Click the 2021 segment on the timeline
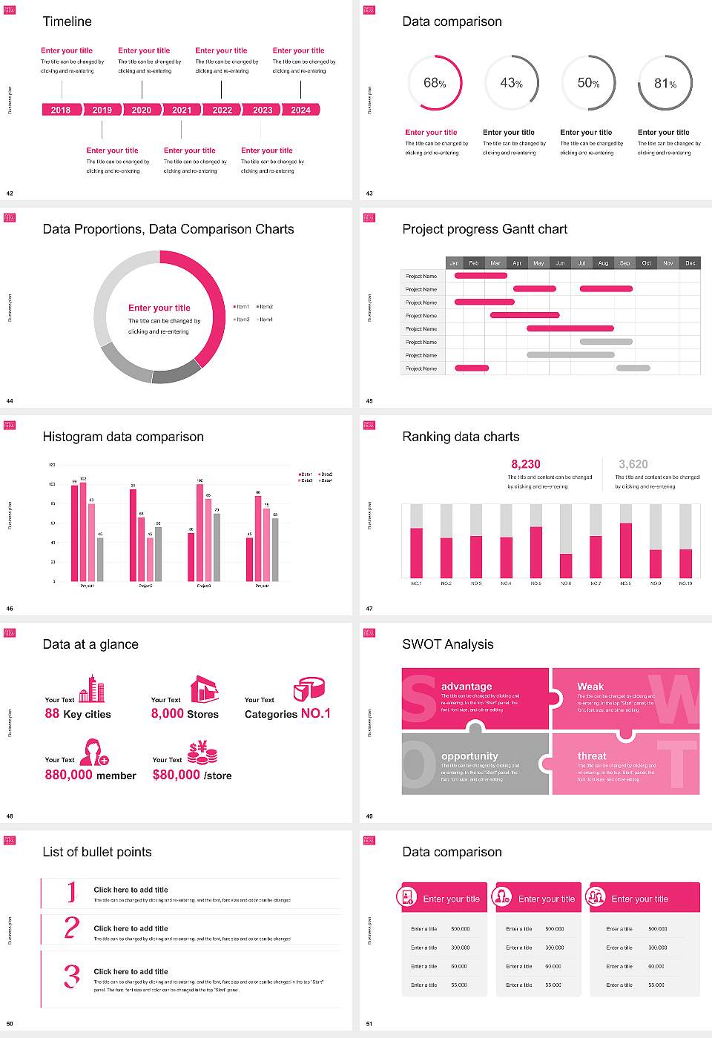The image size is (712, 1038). (x=182, y=110)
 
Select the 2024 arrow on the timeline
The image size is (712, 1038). (x=300, y=110)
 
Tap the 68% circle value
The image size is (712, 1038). (x=435, y=83)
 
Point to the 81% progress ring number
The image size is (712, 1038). (x=665, y=84)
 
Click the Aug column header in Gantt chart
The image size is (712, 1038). (x=603, y=263)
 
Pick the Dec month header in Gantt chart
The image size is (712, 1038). (x=690, y=263)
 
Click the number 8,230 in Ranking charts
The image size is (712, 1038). (x=526, y=464)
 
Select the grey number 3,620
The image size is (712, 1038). (x=633, y=464)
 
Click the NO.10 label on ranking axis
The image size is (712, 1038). (x=685, y=584)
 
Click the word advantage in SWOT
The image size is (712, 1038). (x=467, y=687)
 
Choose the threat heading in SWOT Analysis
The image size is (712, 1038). (x=592, y=756)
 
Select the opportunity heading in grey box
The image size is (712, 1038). (x=469, y=756)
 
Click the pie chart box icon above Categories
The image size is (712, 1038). (x=309, y=688)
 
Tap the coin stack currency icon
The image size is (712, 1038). (x=202, y=753)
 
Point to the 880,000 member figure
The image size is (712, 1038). (x=90, y=775)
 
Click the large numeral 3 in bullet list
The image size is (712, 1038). (x=71, y=976)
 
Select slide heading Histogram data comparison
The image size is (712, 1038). (x=123, y=437)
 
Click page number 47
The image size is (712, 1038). (x=369, y=609)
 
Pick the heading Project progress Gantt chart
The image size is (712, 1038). (x=484, y=229)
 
